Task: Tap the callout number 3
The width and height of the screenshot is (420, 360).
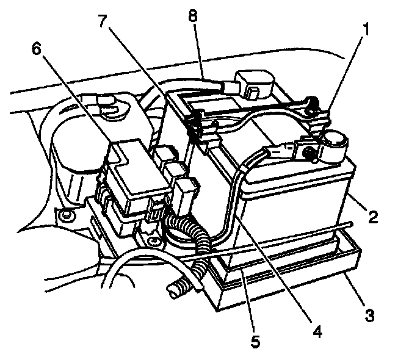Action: click(370, 315)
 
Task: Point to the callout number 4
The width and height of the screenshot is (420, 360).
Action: click(317, 331)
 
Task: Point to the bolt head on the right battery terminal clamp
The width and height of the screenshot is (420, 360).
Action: click(308, 149)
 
